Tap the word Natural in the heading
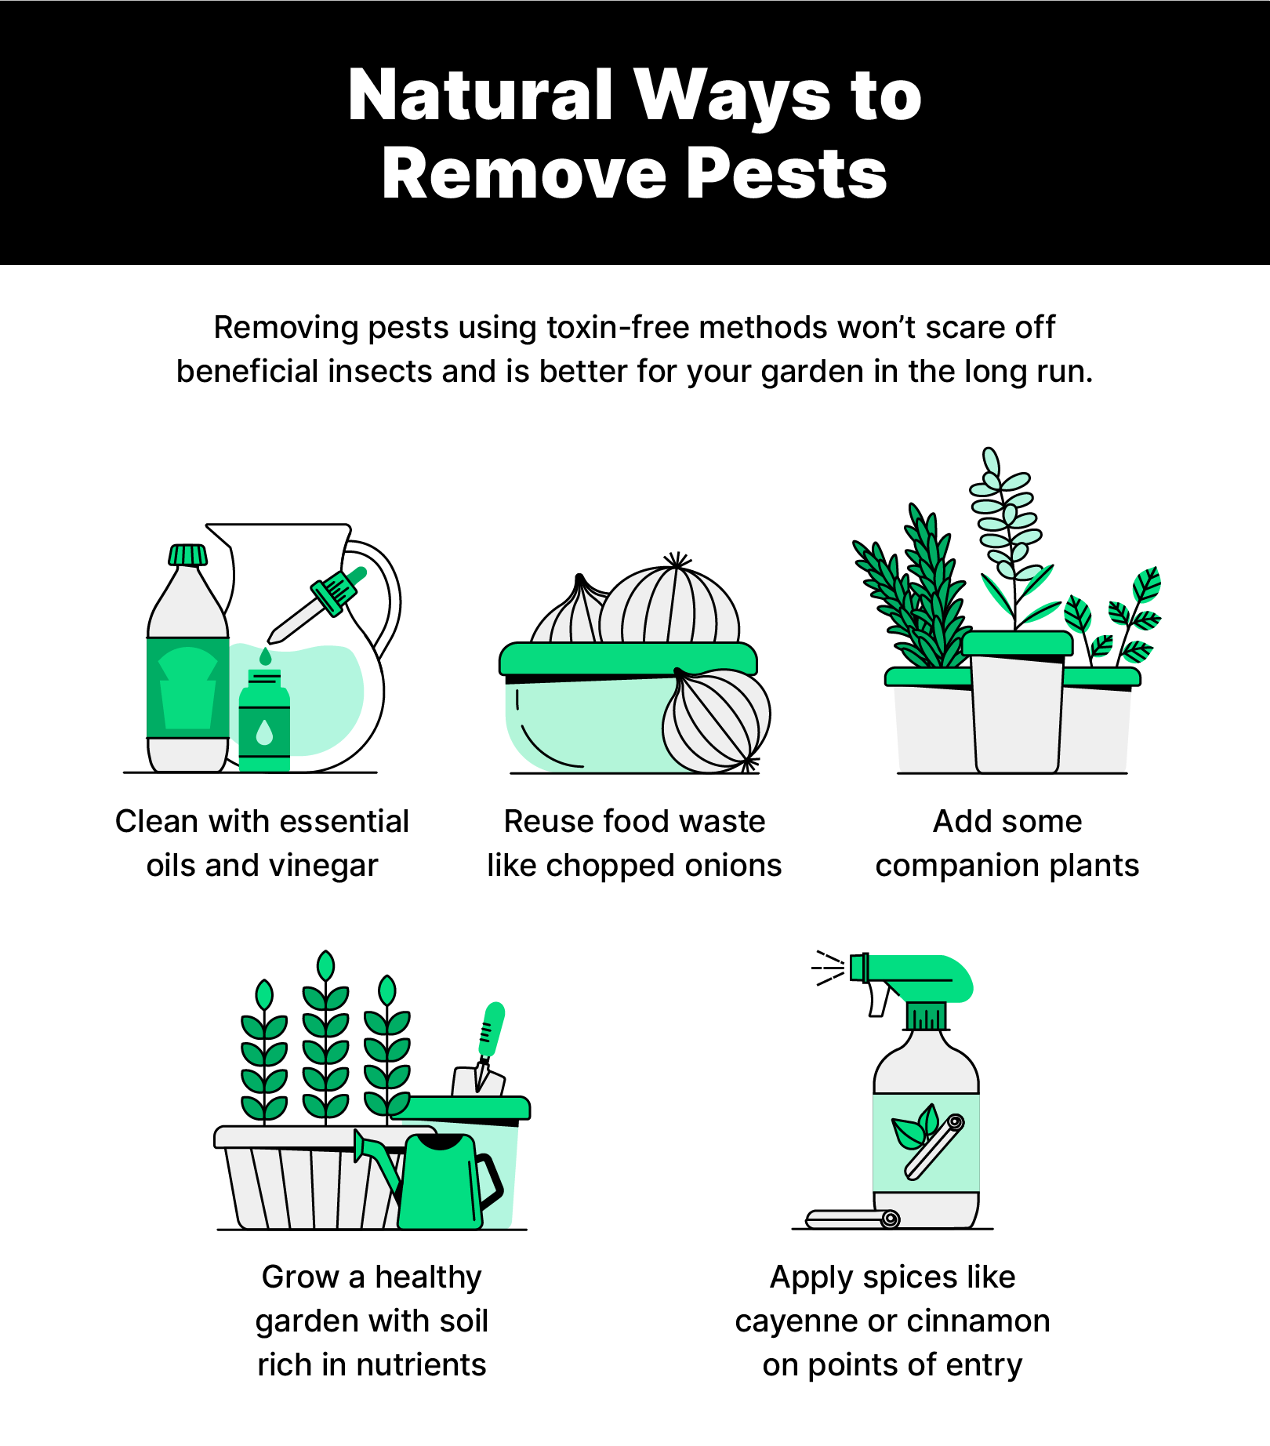[480, 96]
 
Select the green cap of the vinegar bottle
[188, 555]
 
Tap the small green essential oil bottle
[264, 721]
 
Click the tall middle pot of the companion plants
[1017, 706]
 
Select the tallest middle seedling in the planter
[326, 1035]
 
